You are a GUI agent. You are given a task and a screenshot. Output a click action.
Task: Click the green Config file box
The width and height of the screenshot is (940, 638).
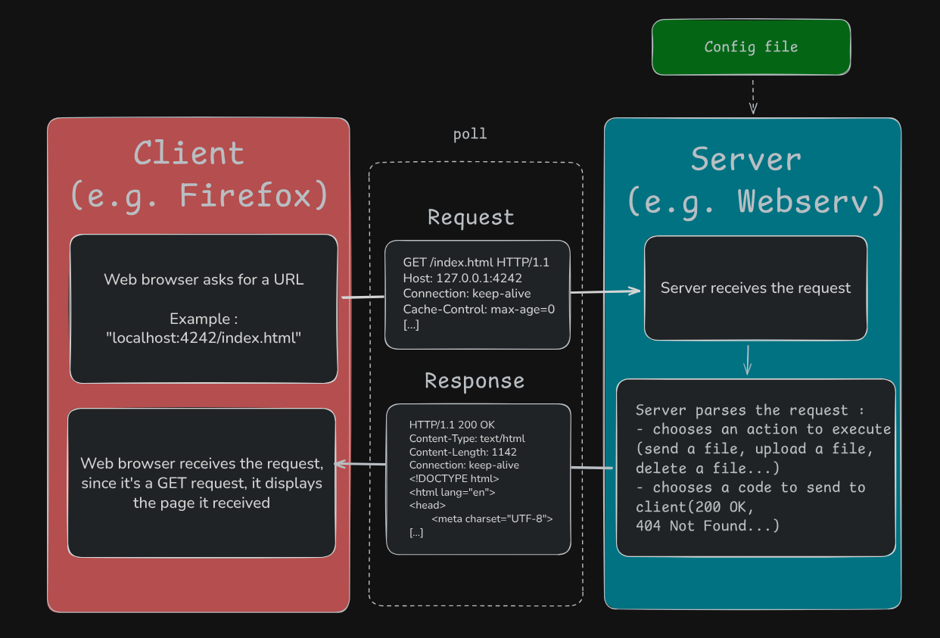click(x=751, y=47)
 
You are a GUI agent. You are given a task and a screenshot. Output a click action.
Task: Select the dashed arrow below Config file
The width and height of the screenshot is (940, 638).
click(x=752, y=95)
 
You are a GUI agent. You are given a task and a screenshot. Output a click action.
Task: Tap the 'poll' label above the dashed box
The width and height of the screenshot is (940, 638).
click(x=470, y=135)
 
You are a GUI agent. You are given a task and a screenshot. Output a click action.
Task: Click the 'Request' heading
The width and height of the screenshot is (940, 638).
click(x=471, y=217)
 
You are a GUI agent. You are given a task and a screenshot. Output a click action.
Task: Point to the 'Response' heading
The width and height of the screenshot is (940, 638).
click(x=474, y=381)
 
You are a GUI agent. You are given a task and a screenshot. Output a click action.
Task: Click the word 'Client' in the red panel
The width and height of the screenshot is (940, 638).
click(x=189, y=154)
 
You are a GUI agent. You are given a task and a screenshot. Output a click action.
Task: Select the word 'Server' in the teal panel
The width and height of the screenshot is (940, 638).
click(x=745, y=160)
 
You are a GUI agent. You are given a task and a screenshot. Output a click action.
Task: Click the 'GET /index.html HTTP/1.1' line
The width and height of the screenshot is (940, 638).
click(x=476, y=263)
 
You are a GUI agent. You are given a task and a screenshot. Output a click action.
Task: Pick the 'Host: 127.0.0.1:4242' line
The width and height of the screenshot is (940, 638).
click(x=462, y=278)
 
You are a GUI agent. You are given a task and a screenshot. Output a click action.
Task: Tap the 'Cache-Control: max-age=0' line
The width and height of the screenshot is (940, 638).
click(x=478, y=309)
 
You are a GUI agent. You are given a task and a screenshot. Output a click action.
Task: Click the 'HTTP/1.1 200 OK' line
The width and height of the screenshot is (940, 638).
click(x=452, y=425)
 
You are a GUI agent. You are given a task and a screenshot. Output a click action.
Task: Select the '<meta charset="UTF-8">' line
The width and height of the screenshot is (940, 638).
click(x=492, y=519)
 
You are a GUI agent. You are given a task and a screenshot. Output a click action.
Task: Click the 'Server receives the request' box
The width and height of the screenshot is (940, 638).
click(x=755, y=288)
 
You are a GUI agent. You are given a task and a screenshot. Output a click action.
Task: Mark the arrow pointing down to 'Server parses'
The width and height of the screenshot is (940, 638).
click(x=747, y=360)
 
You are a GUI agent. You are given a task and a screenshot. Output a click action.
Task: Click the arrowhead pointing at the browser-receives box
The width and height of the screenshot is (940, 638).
click(x=339, y=464)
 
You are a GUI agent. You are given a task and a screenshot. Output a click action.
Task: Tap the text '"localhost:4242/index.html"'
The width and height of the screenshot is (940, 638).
click(x=204, y=338)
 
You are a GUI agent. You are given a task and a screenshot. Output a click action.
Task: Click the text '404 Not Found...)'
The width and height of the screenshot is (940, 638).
click(x=707, y=525)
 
